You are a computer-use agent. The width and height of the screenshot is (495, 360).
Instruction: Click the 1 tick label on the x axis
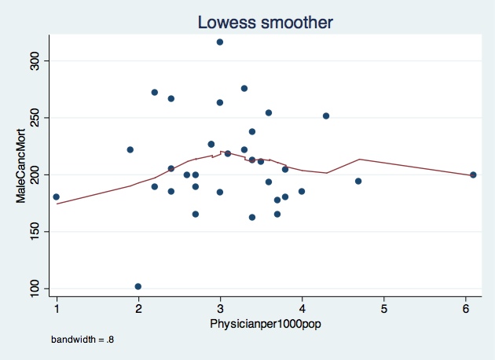tap(57, 307)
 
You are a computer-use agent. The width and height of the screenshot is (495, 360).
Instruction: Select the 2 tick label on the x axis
tap(138, 307)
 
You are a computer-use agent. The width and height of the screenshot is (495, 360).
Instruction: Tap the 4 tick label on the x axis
tap(302, 307)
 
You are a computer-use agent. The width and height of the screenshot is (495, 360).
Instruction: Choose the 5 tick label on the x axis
tap(383, 307)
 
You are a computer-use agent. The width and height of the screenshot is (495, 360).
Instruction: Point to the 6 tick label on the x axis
tap(465, 307)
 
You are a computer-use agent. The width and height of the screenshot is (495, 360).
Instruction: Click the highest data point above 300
tap(220, 42)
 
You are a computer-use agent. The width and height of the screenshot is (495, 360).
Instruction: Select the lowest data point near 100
tap(138, 286)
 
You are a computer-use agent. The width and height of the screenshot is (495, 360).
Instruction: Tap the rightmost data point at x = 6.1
tap(473, 174)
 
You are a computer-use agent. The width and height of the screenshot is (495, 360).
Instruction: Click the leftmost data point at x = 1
tap(57, 197)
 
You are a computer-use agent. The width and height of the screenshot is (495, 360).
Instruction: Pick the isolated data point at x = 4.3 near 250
tap(326, 116)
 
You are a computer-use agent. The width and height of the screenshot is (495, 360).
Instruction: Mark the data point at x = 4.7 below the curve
tap(358, 181)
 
